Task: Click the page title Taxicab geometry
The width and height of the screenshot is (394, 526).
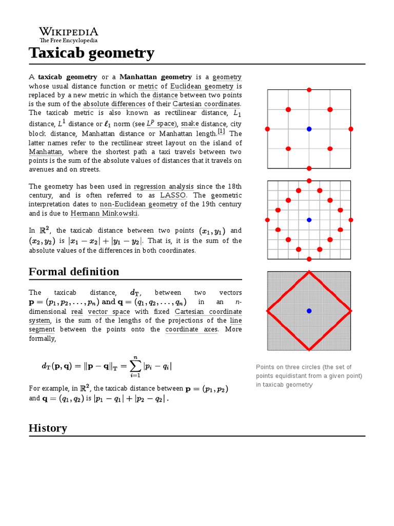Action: pyautogui.click(x=91, y=53)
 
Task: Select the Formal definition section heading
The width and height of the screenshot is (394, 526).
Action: pyautogui.click(x=74, y=271)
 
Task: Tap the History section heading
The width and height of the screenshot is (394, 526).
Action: pyautogui.click(x=48, y=428)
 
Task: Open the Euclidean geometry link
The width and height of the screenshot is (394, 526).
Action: pyautogui.click(x=202, y=86)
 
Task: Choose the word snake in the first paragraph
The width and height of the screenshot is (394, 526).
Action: pyautogui.click(x=189, y=124)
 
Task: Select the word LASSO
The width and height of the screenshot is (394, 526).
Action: pyautogui.click(x=173, y=195)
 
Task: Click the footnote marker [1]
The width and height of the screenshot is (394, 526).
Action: pyautogui.click(x=221, y=131)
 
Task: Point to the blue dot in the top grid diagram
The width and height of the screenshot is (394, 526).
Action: pyautogui.click(x=309, y=129)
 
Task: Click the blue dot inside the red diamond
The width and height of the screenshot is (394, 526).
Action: pyautogui.click(x=309, y=311)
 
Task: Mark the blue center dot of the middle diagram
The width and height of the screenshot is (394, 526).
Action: pyautogui.click(x=309, y=220)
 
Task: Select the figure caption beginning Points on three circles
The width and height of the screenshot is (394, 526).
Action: pyautogui.click(x=309, y=376)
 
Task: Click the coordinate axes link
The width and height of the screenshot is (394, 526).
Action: pyautogui.click(x=191, y=330)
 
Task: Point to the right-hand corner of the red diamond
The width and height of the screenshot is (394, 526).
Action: pyautogui.click(x=350, y=311)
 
